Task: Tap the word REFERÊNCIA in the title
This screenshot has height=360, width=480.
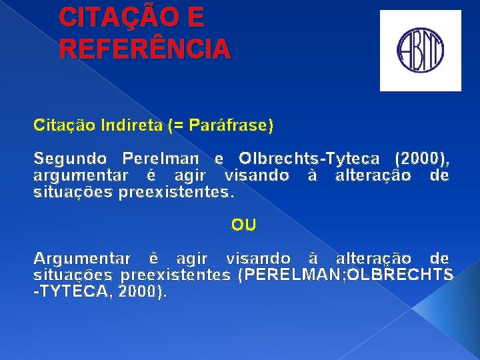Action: [145, 49]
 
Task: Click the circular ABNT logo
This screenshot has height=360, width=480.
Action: [421, 51]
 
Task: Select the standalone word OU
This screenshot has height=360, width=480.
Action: [243, 225]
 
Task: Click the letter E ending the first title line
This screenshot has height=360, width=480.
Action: [196, 18]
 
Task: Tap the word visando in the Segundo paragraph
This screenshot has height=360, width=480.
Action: [257, 175]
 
